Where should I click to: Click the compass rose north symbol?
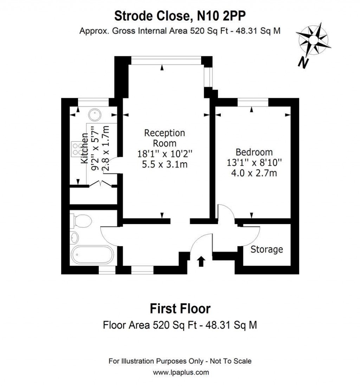click(x=313, y=42)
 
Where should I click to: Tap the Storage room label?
click(x=266, y=249)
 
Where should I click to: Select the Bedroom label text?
click(x=254, y=152)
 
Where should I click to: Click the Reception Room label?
click(x=165, y=138)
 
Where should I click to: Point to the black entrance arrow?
click(x=201, y=261)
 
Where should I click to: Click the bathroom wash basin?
click(x=75, y=238)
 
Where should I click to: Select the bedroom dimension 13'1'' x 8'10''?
click(x=254, y=163)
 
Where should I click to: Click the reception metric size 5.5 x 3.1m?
click(x=165, y=164)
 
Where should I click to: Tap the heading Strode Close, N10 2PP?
click(x=180, y=16)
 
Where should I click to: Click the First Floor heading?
click(x=180, y=309)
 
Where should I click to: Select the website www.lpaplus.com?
click(x=180, y=372)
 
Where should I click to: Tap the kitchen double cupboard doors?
click(x=100, y=184)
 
